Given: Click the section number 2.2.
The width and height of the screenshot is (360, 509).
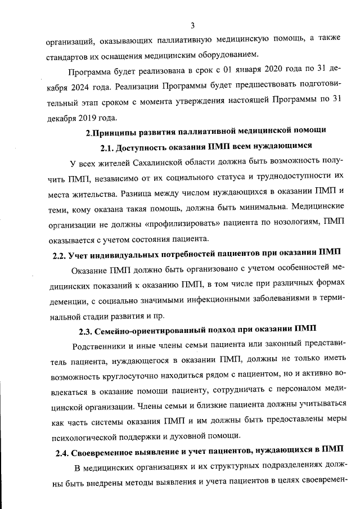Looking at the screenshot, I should pos(59,255).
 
